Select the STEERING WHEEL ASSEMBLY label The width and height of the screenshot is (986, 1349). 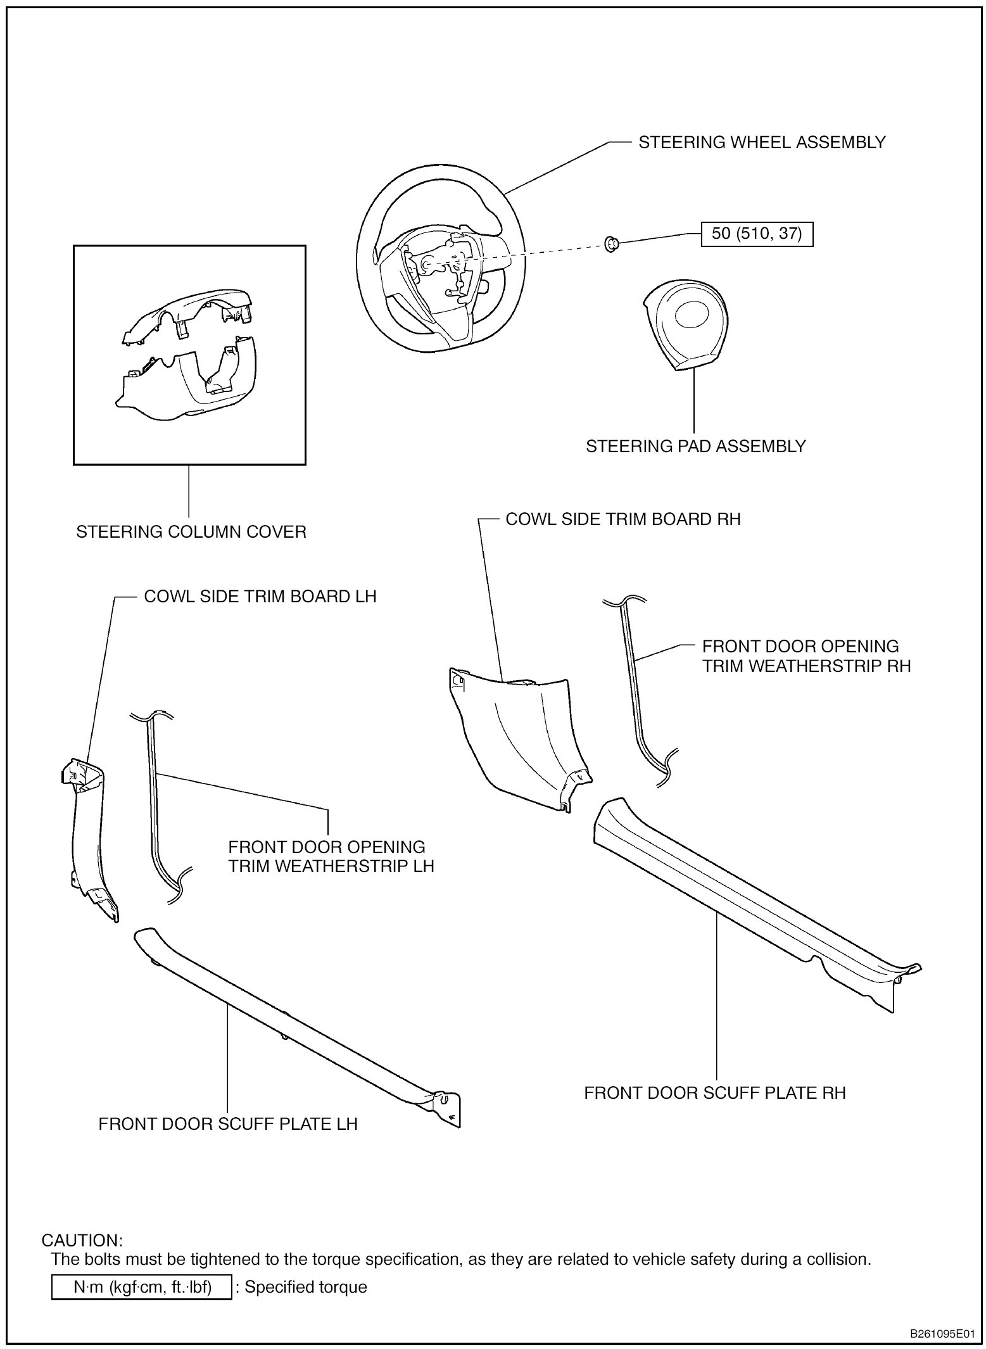761,142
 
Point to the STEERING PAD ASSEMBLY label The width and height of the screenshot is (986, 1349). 695,446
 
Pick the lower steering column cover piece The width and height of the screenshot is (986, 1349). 190,383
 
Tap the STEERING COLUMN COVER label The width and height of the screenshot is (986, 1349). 191,532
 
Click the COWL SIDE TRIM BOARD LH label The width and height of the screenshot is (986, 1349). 260,597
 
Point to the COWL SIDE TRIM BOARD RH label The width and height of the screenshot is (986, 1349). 623,519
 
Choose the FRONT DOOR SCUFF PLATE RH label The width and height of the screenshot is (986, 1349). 714,1093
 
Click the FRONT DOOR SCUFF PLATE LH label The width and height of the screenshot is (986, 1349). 228,1124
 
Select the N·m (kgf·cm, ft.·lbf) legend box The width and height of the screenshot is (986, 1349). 141,1288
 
